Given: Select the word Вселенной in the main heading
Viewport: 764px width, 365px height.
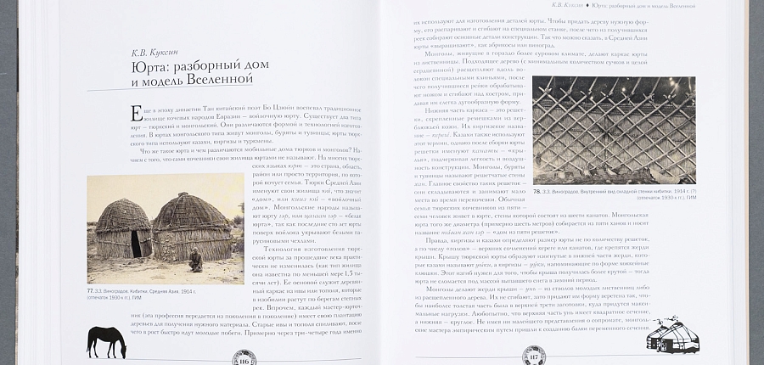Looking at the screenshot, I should (218, 80).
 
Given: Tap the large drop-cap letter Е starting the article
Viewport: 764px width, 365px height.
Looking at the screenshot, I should (136, 114).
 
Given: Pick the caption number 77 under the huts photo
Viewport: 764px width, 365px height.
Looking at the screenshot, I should (91, 291).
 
